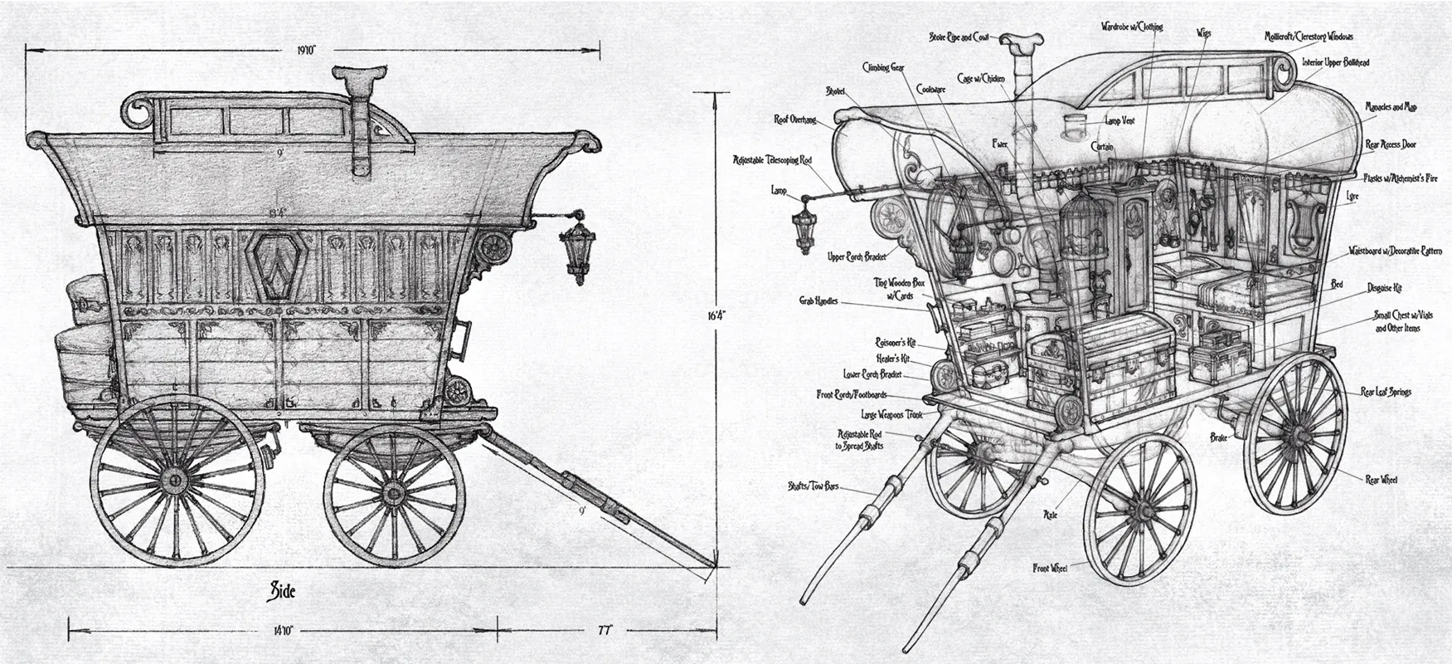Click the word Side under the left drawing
[x=281, y=591]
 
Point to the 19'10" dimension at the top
[x=306, y=50]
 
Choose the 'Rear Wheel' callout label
[x=1381, y=479]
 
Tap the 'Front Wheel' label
[x=1050, y=569]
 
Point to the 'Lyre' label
[x=1353, y=196]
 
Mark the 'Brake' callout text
[x=1218, y=437]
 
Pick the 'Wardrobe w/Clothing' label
[x=1132, y=27]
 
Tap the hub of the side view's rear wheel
[x=174, y=479]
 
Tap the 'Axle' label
[x=1050, y=515]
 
